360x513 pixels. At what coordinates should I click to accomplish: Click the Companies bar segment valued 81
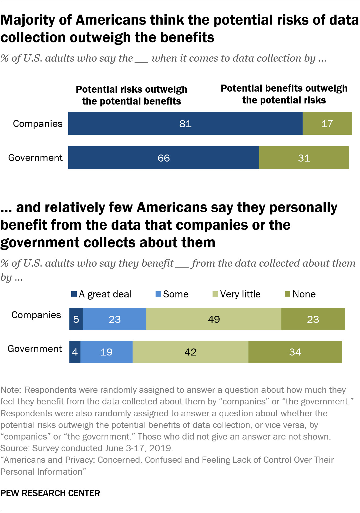pos(185,123)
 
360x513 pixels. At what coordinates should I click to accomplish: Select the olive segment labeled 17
pos(327,123)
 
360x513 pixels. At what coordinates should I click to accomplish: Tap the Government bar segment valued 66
pos(164,158)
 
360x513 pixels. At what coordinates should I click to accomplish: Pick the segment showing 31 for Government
pos(304,158)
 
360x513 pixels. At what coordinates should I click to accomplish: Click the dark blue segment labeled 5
pos(76,319)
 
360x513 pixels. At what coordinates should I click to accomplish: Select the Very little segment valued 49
pos(214,319)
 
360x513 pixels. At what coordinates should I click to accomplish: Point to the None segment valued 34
pos(295,352)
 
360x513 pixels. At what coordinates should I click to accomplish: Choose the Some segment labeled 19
pos(106,352)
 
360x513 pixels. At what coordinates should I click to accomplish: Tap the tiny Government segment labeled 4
pos(75,352)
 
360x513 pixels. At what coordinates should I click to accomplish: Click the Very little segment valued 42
pos(190,352)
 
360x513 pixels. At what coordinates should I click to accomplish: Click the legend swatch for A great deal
pos(74,294)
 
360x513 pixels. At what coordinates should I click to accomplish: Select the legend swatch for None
pos(287,294)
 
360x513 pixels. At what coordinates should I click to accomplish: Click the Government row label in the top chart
pos(35,157)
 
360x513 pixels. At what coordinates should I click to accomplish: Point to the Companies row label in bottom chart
pos(36,315)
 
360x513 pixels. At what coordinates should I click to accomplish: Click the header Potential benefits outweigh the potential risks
pos(284,94)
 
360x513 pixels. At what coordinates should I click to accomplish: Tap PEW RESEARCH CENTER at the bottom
pos(50,493)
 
